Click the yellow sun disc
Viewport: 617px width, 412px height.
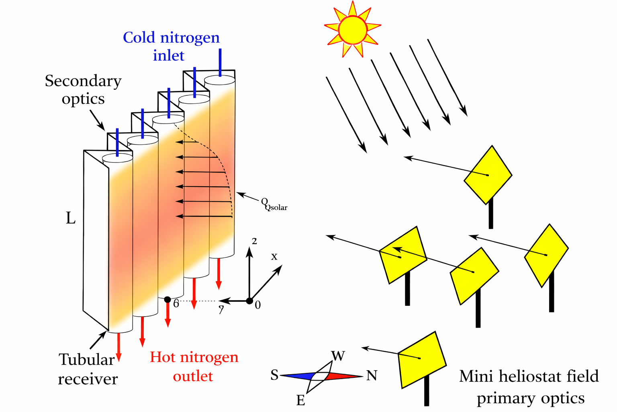(x=352, y=29)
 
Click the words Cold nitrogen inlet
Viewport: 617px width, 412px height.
(x=171, y=46)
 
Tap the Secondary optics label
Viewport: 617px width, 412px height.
(x=83, y=89)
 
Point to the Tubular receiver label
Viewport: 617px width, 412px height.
(x=88, y=369)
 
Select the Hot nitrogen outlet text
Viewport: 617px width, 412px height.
(x=194, y=366)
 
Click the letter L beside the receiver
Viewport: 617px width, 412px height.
(x=71, y=218)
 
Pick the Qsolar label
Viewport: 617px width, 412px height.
(x=274, y=204)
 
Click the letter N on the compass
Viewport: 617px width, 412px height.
(x=372, y=376)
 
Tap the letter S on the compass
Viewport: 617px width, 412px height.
(x=274, y=375)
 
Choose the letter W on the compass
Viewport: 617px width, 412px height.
(x=338, y=356)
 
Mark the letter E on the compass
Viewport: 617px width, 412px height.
(x=300, y=400)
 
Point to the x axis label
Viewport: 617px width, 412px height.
(x=274, y=256)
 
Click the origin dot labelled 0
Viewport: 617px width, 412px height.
(x=249, y=301)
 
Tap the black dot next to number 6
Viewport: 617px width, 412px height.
(x=168, y=300)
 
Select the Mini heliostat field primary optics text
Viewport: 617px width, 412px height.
(x=529, y=387)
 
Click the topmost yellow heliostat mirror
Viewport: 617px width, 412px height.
(x=488, y=175)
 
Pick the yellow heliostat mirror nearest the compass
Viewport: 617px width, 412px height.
(x=422, y=359)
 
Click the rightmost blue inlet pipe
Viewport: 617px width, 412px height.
(x=220, y=62)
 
